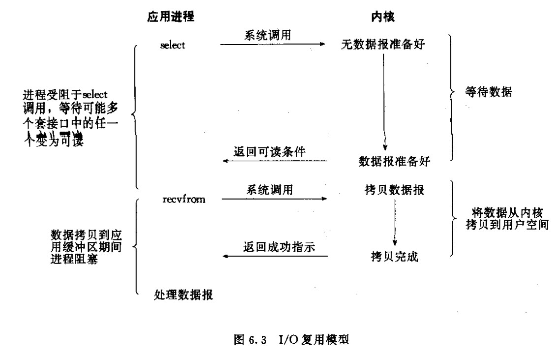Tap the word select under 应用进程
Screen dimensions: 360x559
(x=173, y=45)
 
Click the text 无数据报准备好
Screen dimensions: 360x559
(x=383, y=45)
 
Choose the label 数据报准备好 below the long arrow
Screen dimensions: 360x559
(x=391, y=160)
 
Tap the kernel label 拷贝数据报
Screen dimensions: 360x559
(x=392, y=190)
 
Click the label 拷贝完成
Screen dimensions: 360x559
(x=395, y=256)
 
